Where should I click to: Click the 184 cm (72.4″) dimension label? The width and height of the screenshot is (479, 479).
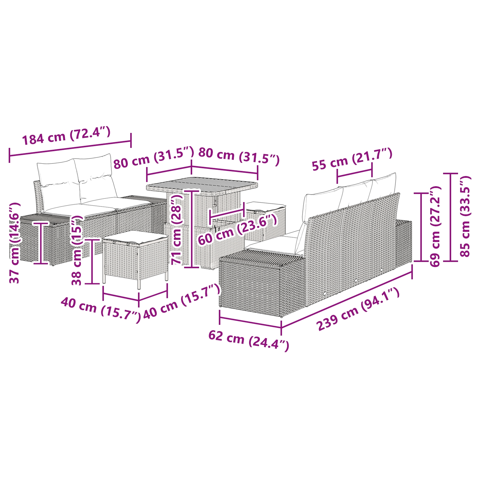pos(66,136)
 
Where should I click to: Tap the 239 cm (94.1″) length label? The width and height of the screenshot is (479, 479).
pos(358,309)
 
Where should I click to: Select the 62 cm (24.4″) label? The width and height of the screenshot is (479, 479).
pos(248,340)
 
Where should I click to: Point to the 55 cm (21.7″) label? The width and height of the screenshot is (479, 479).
pos(352,159)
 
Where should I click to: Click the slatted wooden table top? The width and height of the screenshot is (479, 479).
pos(202,184)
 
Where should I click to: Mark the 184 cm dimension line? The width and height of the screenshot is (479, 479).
pos(70,148)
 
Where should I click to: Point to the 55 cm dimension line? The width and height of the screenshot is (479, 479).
pos(354,173)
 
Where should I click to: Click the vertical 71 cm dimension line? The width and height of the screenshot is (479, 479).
pos(191,229)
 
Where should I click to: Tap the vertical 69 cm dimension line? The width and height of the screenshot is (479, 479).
pos(422,227)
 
